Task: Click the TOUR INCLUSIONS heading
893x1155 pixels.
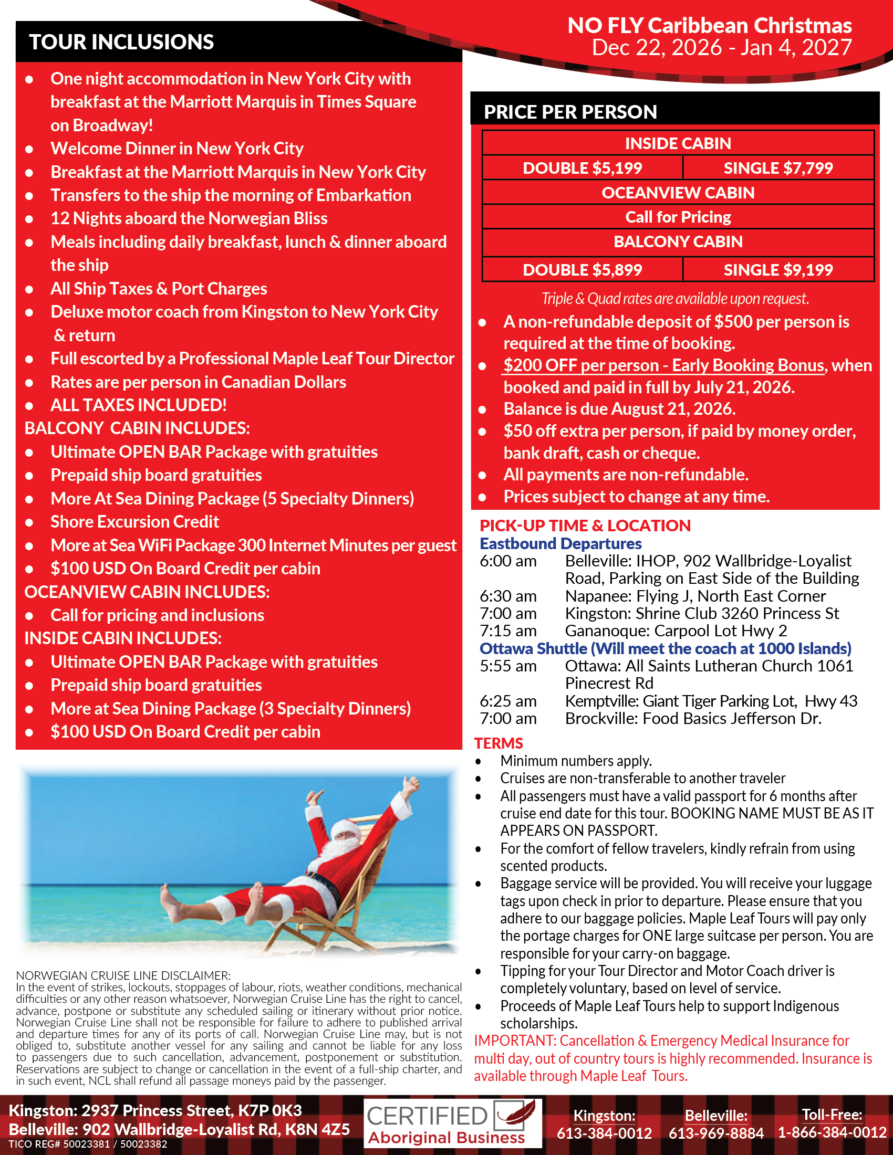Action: [121, 42]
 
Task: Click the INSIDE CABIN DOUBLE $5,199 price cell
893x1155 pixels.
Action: [582, 168]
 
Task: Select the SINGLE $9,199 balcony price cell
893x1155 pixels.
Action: [777, 270]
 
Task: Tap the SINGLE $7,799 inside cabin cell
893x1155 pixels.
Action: [777, 168]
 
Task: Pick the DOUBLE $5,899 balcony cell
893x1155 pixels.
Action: [582, 270]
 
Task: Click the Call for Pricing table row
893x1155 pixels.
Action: [678, 217]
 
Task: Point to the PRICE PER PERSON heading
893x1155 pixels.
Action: [570, 112]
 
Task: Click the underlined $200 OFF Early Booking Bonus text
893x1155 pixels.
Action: [663, 365]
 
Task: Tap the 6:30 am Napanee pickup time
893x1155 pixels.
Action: [508, 596]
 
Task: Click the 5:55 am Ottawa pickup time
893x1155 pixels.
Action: [508, 666]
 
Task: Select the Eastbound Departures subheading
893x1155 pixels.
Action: [560, 544]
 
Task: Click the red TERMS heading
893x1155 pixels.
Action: [499, 743]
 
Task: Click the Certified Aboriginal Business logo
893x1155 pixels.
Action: [452, 1123]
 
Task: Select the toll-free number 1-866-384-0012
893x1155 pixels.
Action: [832, 1133]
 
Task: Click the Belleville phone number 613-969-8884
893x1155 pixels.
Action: [716, 1133]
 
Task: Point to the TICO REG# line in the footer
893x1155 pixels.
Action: [88, 1144]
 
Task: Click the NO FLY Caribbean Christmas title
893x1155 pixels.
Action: [709, 25]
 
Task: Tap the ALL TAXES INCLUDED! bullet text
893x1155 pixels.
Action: [139, 405]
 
